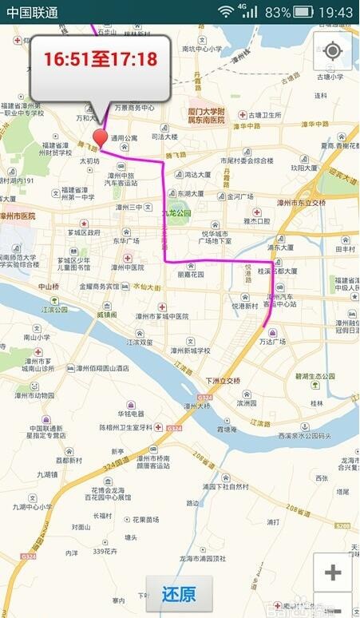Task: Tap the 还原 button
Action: pos(179,594)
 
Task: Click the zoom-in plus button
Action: pos(333,572)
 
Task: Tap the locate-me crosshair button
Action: pos(333,52)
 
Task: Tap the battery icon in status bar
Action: pos(303,12)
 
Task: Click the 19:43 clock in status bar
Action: pos(335,12)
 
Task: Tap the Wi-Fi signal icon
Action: pos(227,12)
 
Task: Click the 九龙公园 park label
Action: pos(176,213)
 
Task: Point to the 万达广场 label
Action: pos(272,341)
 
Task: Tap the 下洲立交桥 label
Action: pos(223,380)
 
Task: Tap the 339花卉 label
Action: pos(105,551)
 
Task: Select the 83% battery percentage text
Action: pos(277,12)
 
